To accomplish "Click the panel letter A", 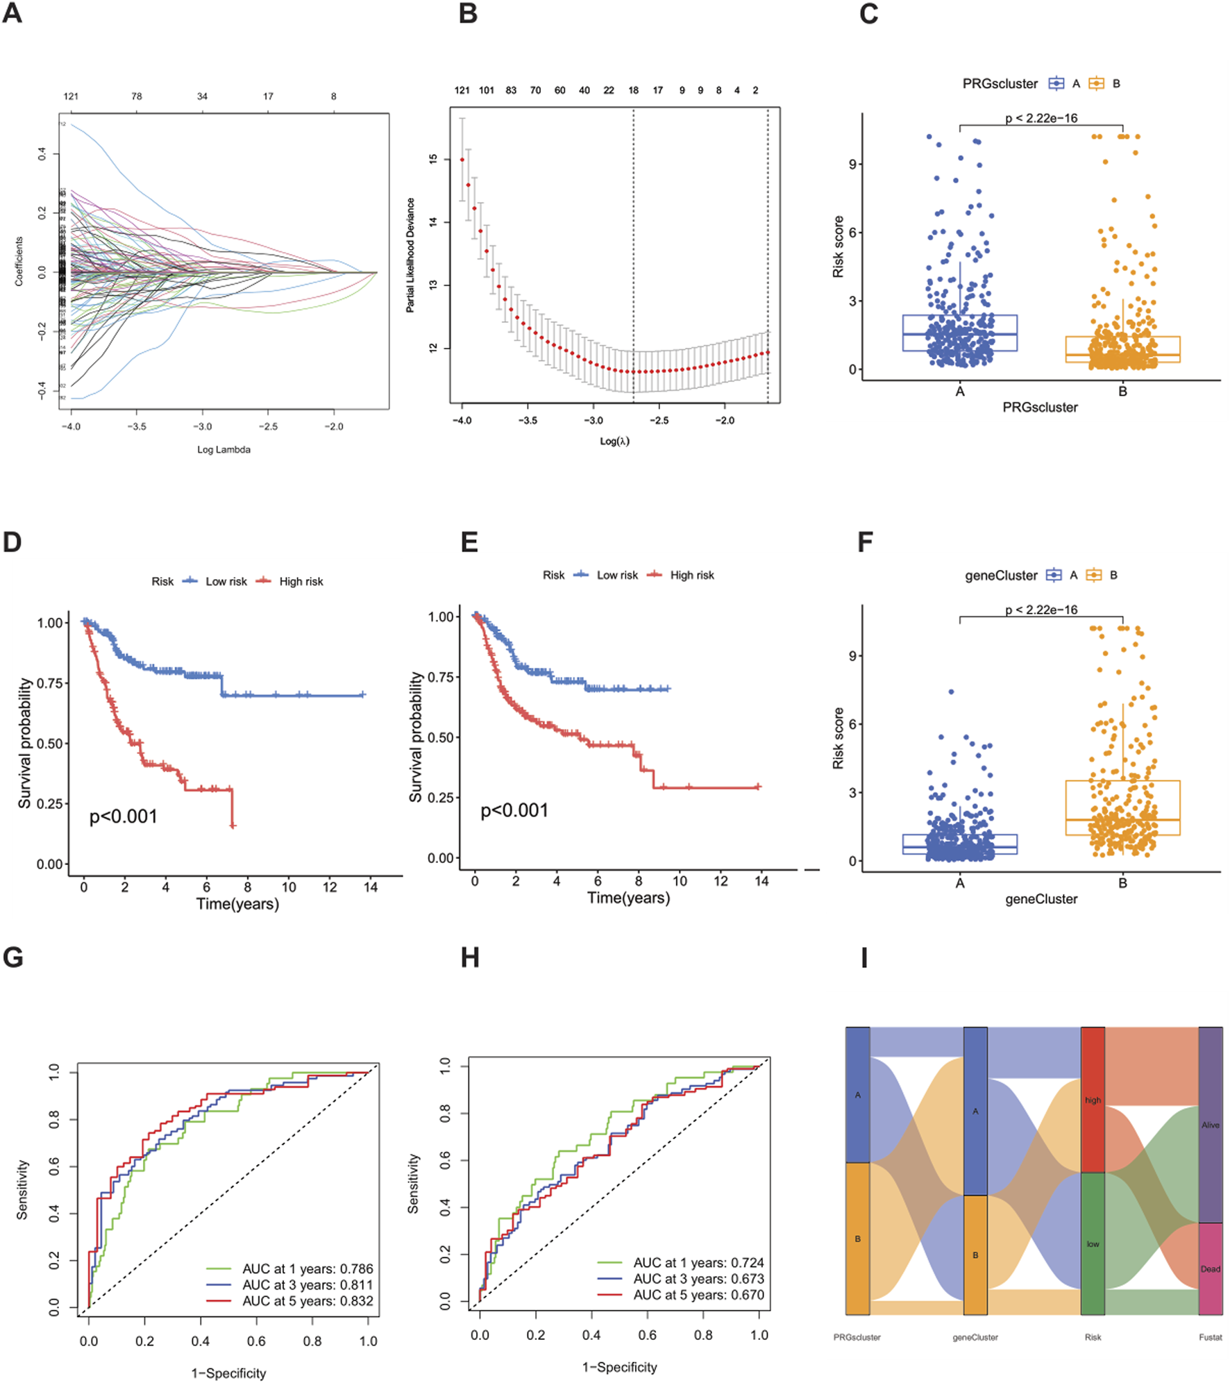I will click(12, 13).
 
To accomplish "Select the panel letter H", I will click(470, 957).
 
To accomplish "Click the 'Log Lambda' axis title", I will click(224, 449).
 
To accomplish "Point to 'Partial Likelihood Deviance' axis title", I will click(410, 255).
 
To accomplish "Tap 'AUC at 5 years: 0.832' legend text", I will click(307, 1301).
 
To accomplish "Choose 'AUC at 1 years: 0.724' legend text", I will click(698, 1262).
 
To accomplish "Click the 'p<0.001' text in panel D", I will click(124, 816).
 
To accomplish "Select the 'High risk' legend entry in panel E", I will click(691, 575).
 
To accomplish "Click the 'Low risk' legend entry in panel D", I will click(226, 581).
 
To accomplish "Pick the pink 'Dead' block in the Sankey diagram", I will click(1211, 1268).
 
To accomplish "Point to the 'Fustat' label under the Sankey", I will click(1211, 1336).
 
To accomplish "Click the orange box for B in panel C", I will click(1122, 349).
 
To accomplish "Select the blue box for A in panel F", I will click(959, 844).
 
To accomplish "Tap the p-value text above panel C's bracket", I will click(1041, 118).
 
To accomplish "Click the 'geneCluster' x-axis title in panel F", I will click(1041, 899).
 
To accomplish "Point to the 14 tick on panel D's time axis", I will click(371, 887).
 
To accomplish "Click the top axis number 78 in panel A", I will click(137, 96).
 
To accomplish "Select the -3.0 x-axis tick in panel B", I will click(593, 420).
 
